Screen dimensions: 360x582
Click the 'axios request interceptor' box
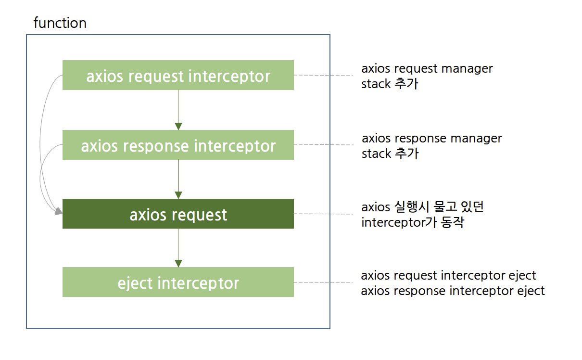click(x=178, y=76)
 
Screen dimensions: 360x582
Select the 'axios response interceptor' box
click(x=178, y=145)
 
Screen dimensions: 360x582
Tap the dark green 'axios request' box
click(x=178, y=214)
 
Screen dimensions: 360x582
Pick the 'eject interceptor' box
click(x=178, y=283)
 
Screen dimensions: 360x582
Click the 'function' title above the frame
click(x=60, y=23)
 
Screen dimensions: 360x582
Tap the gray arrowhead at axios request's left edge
click(x=58, y=211)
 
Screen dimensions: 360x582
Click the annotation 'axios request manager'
click(x=427, y=69)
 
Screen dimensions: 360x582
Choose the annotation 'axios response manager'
click(x=431, y=139)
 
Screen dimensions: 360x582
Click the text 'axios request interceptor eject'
click(x=448, y=276)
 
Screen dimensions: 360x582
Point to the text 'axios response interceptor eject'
click(x=453, y=291)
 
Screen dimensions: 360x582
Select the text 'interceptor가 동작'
click(x=412, y=223)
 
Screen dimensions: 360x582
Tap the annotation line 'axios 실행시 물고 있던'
click(x=422, y=207)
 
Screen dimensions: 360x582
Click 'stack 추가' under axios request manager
click(x=390, y=84)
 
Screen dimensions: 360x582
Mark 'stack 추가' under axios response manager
click(x=390, y=154)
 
